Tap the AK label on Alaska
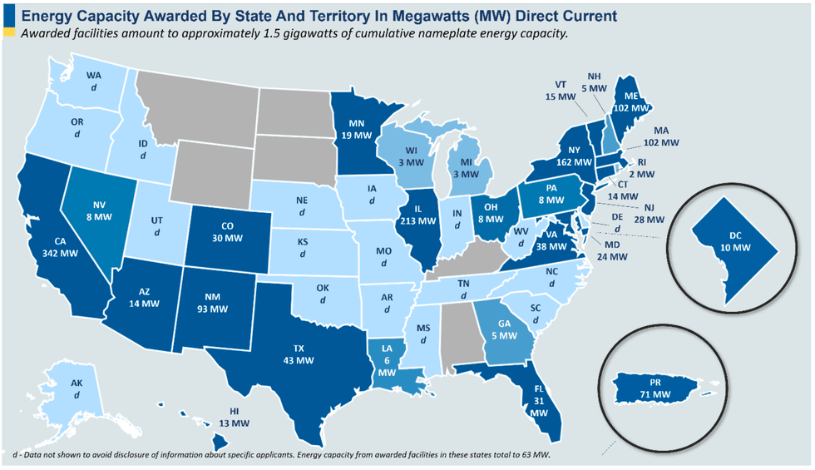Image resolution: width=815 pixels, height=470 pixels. click(77, 389)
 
